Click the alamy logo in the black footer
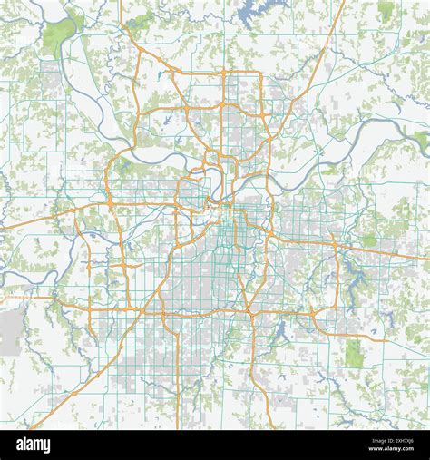pyautogui.click(x=34, y=445)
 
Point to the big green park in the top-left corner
pyautogui.click(x=58, y=38)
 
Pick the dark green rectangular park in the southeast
pyautogui.click(x=354, y=353)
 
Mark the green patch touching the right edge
pyautogui.click(x=422, y=140)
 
